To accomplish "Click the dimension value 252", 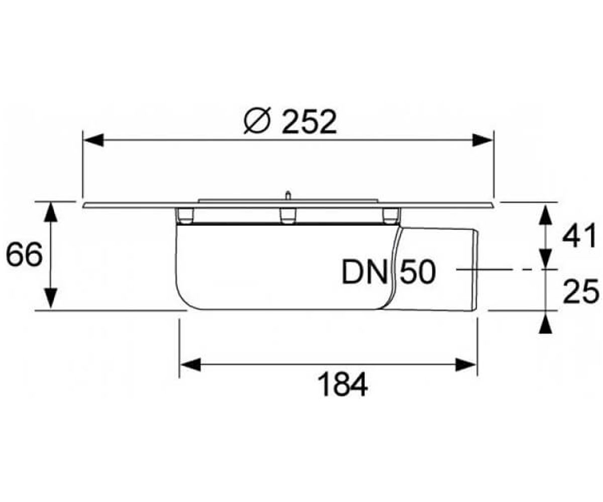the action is [309, 122].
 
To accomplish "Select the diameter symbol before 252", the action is [257, 122].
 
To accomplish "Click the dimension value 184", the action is [343, 385].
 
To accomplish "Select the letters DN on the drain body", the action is [364, 273].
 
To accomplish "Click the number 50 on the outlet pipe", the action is [418, 272].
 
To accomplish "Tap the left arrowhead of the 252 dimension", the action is [93, 140].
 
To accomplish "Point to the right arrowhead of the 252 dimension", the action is [482, 140].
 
